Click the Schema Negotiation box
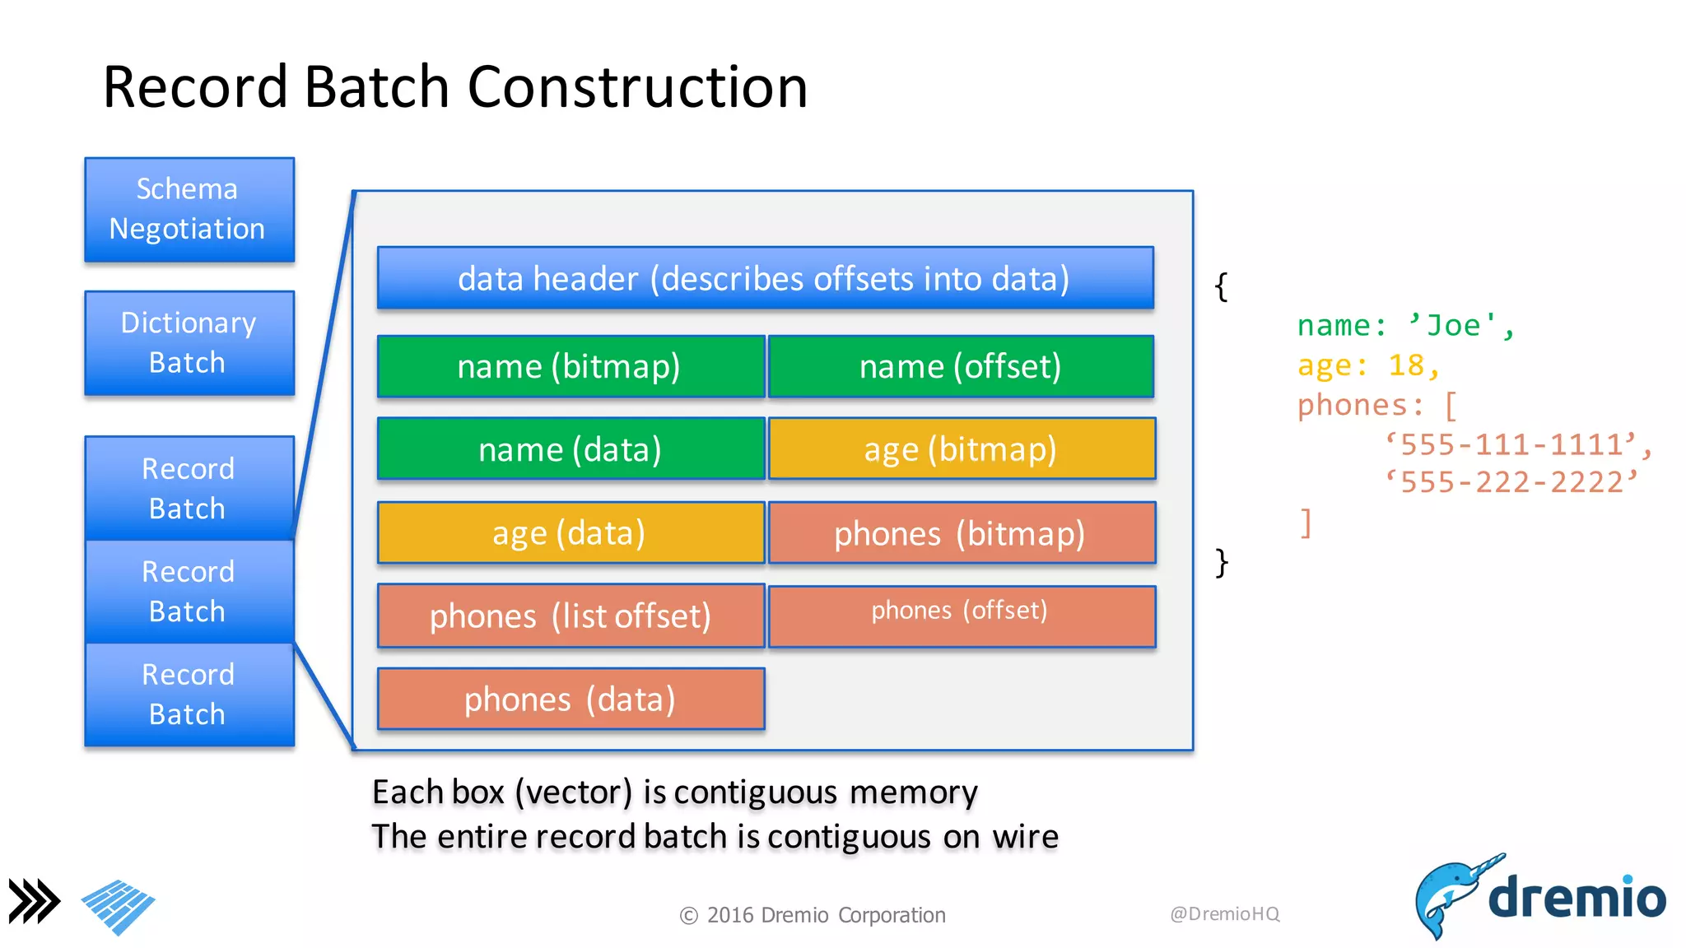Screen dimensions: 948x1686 click(x=189, y=210)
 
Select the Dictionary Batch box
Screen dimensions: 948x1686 click(x=189, y=343)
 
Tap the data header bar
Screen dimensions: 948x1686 click(x=765, y=278)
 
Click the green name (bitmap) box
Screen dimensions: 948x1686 click(x=571, y=366)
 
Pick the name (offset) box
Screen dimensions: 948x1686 click(x=961, y=366)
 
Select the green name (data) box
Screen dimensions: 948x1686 click(x=571, y=449)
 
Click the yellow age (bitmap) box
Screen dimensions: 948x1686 click(x=961, y=449)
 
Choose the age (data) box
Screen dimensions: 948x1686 click(x=571, y=533)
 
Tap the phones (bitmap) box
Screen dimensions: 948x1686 click(x=961, y=533)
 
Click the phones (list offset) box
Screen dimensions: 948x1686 click(x=571, y=616)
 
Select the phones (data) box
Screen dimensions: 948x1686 click(x=571, y=699)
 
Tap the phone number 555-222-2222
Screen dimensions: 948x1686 click(x=1511, y=482)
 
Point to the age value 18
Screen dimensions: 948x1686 click(x=1406, y=365)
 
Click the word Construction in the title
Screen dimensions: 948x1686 click(x=638, y=87)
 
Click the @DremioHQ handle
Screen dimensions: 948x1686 click(x=1224, y=914)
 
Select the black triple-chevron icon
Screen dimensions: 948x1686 click(x=34, y=901)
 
